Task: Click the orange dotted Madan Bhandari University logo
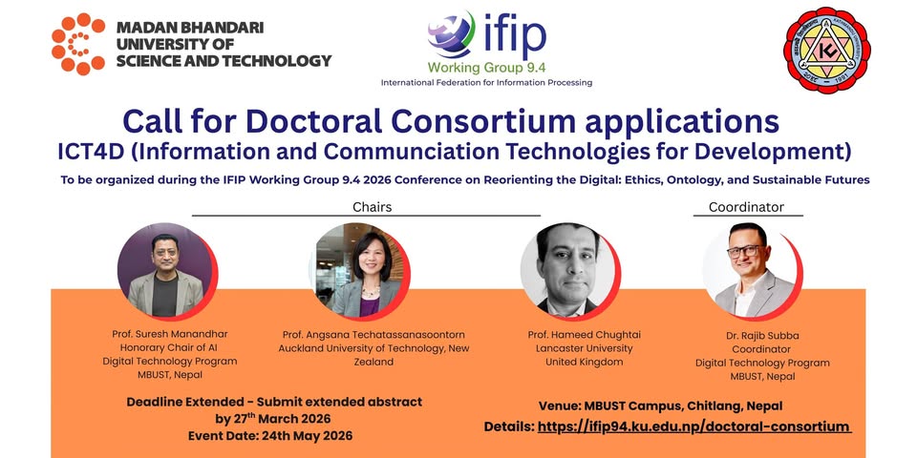(77, 44)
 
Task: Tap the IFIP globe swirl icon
(451, 34)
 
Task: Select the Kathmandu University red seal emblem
(826, 51)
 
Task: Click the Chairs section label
(372, 207)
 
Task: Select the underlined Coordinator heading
(746, 207)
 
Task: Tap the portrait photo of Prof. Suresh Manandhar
(165, 271)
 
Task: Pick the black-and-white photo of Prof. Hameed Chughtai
(569, 271)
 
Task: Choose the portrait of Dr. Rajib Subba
(751, 271)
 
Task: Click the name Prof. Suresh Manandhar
(170, 334)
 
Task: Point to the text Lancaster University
(585, 348)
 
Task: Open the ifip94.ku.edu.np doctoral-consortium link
(693, 427)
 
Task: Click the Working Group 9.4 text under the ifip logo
(486, 68)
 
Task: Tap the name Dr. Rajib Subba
(762, 335)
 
